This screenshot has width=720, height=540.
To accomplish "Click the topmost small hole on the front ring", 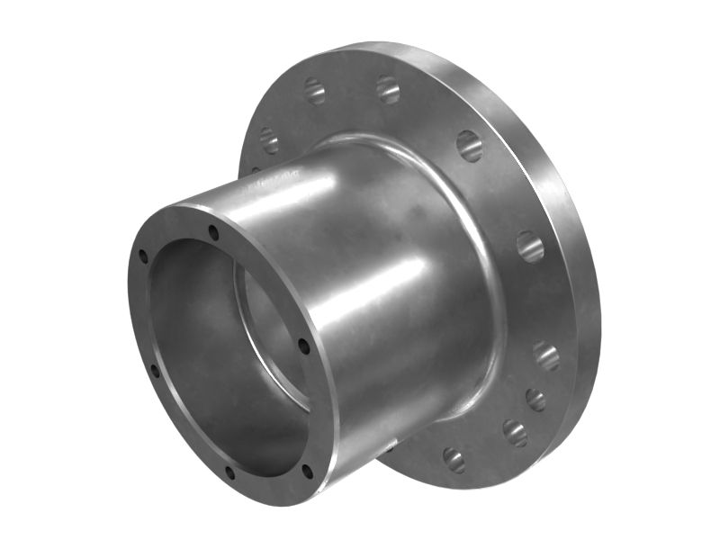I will (x=213, y=233).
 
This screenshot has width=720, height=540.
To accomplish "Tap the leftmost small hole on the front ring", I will (x=142, y=257).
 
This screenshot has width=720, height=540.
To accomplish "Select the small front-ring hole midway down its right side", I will (x=303, y=346).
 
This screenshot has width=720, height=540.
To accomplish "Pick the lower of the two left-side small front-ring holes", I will (x=154, y=369).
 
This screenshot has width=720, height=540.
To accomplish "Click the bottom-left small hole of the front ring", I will (x=229, y=472).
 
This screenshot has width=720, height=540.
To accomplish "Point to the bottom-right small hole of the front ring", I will (x=307, y=470).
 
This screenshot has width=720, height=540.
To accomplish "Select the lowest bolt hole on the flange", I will (x=454, y=460).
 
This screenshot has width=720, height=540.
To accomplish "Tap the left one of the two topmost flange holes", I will (x=314, y=90).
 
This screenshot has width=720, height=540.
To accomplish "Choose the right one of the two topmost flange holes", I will (x=388, y=88).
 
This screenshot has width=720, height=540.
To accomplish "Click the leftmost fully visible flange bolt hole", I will (x=269, y=139).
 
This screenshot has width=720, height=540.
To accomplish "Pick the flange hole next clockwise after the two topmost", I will (x=469, y=145).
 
